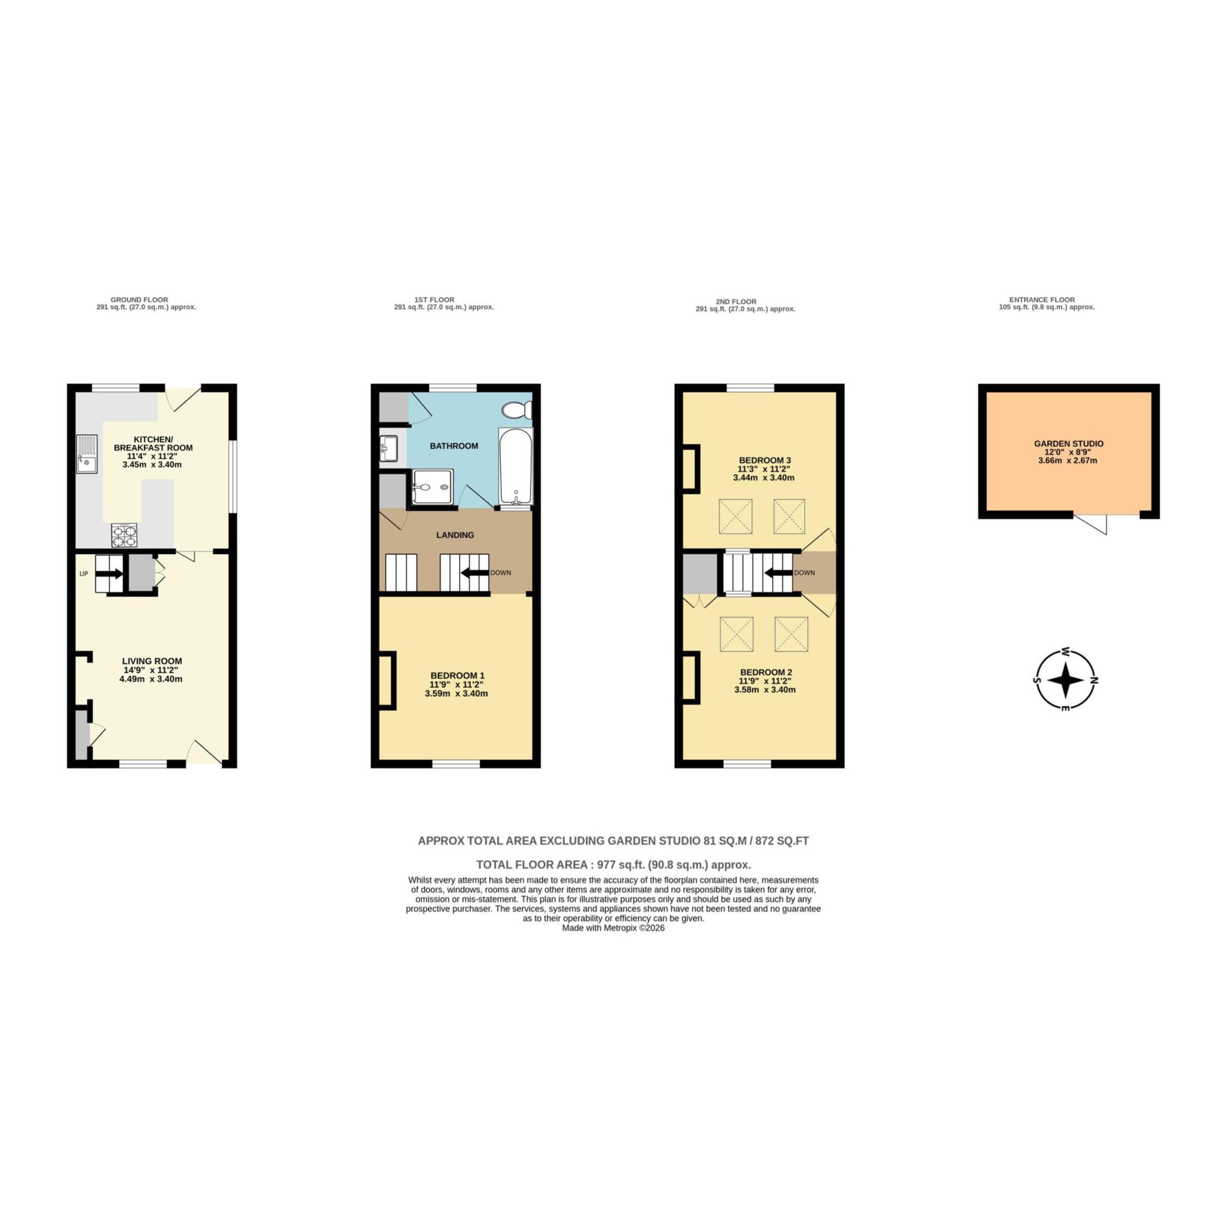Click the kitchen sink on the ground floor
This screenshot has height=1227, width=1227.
(87, 454)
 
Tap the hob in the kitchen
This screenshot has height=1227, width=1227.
(124, 535)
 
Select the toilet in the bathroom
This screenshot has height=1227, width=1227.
(516, 410)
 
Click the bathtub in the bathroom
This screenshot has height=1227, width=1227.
(516, 467)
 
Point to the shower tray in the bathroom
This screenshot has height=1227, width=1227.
(433, 487)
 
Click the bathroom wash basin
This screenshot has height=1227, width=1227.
(389, 448)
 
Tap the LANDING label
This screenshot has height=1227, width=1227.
(455, 535)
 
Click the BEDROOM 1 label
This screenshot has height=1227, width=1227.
(457, 675)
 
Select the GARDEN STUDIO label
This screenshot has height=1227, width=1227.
(1068, 443)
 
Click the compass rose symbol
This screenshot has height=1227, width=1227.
(1066, 679)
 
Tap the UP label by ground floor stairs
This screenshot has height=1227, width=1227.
(84, 573)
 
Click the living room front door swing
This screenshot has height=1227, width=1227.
(204, 752)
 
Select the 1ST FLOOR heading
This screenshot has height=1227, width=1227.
(434, 300)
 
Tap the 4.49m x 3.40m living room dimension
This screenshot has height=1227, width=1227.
(151, 679)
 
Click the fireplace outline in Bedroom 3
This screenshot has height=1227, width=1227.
(690, 468)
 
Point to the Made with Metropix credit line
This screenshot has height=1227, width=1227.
(613, 928)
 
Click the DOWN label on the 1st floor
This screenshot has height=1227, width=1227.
(500, 572)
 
